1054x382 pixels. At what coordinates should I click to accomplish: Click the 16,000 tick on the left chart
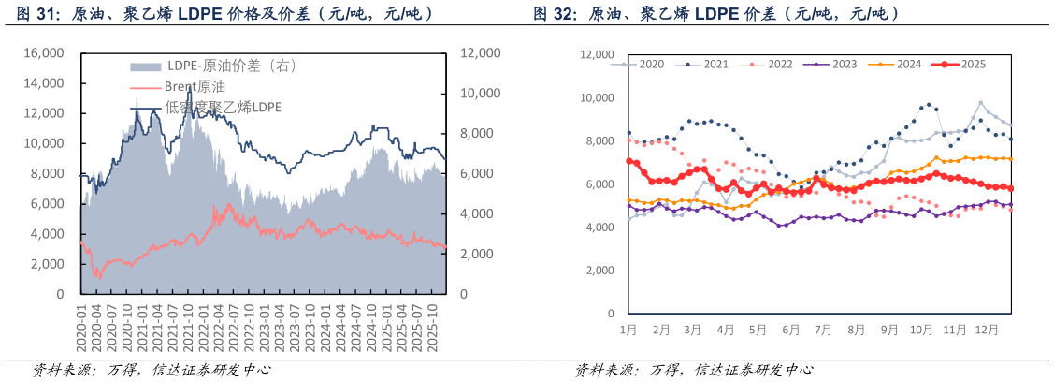click(x=43, y=53)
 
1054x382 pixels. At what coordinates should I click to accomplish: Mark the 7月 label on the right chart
click(x=823, y=331)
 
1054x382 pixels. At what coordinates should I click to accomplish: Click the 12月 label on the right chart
click(x=986, y=331)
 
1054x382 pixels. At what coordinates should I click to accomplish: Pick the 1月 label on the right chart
click(x=628, y=331)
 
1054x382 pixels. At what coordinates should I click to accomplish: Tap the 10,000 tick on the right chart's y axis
click(x=596, y=98)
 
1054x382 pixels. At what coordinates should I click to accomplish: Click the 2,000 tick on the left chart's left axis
click(x=47, y=264)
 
